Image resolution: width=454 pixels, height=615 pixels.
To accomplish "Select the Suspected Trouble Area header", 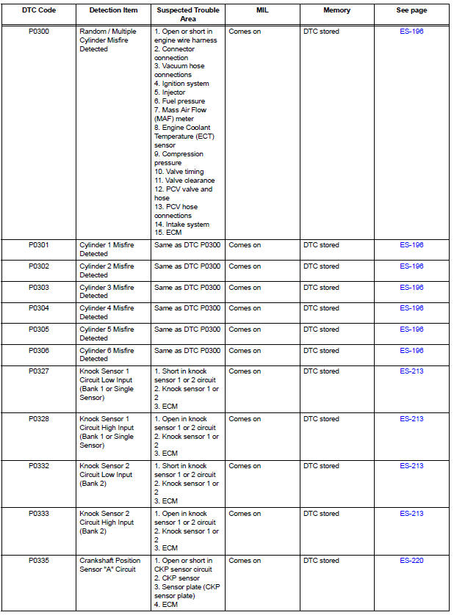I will pos(187,15).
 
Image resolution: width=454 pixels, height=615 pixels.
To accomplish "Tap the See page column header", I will pos(411,10).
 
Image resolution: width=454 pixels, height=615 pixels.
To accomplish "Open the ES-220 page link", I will pos(411,561).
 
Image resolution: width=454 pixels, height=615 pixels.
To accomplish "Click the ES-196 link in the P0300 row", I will pos(411,32).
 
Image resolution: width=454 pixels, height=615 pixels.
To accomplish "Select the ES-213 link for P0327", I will pos(411,371).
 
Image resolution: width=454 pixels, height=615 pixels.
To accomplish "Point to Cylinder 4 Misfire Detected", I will pos(107,313).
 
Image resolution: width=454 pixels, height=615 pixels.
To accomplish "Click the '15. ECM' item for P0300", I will pos(167,233).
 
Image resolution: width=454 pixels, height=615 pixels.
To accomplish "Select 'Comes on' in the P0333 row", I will pos(245,514).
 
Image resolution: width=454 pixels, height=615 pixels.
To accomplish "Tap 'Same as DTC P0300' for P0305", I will pos(187,330).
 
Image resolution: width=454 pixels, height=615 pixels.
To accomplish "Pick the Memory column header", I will pos(336,10).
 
